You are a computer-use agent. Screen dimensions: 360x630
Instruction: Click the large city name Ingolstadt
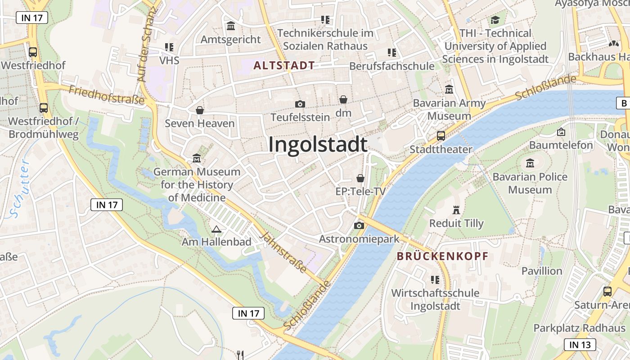tap(318, 145)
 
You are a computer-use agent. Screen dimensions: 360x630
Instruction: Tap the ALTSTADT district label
tap(284, 66)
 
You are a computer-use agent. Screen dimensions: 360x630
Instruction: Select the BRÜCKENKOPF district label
tap(442, 256)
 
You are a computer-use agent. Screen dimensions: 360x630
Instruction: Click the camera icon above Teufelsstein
tap(300, 104)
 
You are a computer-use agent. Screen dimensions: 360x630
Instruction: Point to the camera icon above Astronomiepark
tap(359, 225)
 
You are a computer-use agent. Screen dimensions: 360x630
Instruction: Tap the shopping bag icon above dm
tap(343, 99)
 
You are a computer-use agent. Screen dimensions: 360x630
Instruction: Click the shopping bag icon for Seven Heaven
tap(200, 110)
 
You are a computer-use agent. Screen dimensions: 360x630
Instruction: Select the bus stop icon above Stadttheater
tap(441, 136)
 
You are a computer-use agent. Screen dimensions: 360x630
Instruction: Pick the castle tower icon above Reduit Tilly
tap(456, 210)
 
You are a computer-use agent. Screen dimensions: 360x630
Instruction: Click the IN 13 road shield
tap(580, 345)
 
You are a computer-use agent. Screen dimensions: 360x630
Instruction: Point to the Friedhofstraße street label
tap(106, 95)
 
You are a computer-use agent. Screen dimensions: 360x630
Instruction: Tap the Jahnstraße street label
tap(284, 252)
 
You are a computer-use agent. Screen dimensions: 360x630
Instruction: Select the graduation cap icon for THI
tap(495, 20)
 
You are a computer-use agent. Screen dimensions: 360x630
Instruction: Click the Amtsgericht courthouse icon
tap(231, 26)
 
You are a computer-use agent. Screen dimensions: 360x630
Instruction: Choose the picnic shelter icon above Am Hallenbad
tap(216, 229)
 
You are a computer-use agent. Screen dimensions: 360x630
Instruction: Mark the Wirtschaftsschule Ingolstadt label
tap(435, 299)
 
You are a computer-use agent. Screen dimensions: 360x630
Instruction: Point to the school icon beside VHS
tap(169, 47)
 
